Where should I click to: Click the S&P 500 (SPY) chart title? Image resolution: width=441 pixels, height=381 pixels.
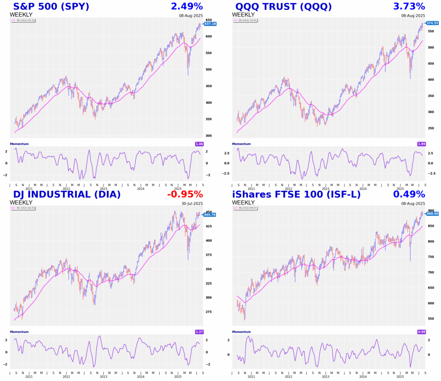(52, 6)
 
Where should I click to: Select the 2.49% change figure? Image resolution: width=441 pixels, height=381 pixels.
(186, 6)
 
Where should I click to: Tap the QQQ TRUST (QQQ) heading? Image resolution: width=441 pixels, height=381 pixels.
(283, 6)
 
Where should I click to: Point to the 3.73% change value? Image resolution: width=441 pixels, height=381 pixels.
(409, 6)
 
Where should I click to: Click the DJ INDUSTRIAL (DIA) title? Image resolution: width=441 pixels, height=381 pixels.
(67, 194)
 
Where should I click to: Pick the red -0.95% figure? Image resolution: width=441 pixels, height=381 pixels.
(185, 194)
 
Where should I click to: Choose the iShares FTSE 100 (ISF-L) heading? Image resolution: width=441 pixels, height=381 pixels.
(296, 194)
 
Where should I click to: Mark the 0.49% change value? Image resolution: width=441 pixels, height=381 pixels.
(409, 194)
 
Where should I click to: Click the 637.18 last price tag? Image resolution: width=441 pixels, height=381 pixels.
(210, 24)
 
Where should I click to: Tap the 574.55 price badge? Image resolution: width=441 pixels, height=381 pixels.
(432, 23)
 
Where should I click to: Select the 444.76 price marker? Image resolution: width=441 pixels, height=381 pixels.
(210, 215)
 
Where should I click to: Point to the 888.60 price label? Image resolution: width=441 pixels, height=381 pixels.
(432, 214)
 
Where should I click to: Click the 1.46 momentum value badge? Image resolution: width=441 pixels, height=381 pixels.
(199, 143)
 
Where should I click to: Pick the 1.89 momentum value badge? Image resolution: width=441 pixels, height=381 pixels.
(422, 143)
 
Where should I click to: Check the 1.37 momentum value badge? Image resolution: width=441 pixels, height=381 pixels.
(199, 331)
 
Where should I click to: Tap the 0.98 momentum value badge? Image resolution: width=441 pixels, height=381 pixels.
(422, 331)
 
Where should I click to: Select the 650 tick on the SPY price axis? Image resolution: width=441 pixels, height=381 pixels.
(208, 20)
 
